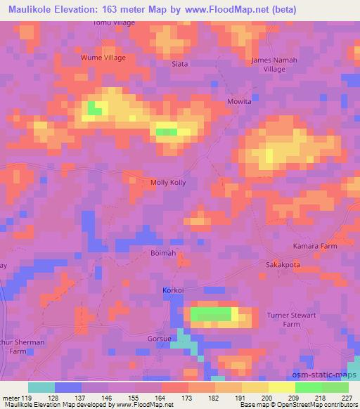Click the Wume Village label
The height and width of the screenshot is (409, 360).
click(103, 58)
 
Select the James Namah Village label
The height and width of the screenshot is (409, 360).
click(274, 65)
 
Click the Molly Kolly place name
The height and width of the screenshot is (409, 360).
click(169, 183)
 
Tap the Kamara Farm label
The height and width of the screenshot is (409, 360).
click(315, 246)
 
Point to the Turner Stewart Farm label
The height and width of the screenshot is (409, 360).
click(293, 320)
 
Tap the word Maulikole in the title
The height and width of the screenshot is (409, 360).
click(37, 10)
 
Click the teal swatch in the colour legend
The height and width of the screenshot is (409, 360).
click(41, 387)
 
